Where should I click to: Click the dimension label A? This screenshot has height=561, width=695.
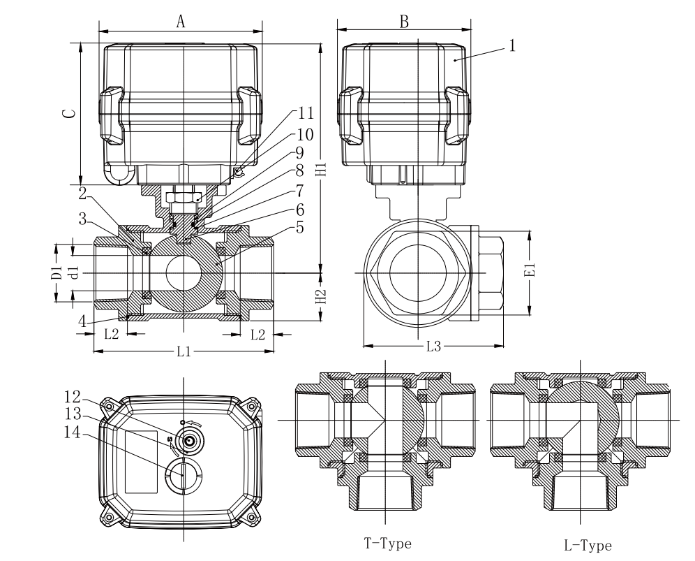click(x=180, y=22)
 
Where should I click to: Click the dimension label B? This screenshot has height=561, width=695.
click(x=403, y=21)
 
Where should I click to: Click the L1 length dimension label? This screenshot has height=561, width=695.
click(x=183, y=351)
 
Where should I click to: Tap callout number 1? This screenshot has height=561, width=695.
click(x=513, y=46)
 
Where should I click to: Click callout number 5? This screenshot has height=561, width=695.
click(x=301, y=227)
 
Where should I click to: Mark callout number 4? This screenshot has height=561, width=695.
click(x=82, y=322)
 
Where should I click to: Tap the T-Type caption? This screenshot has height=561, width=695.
click(x=387, y=543)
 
